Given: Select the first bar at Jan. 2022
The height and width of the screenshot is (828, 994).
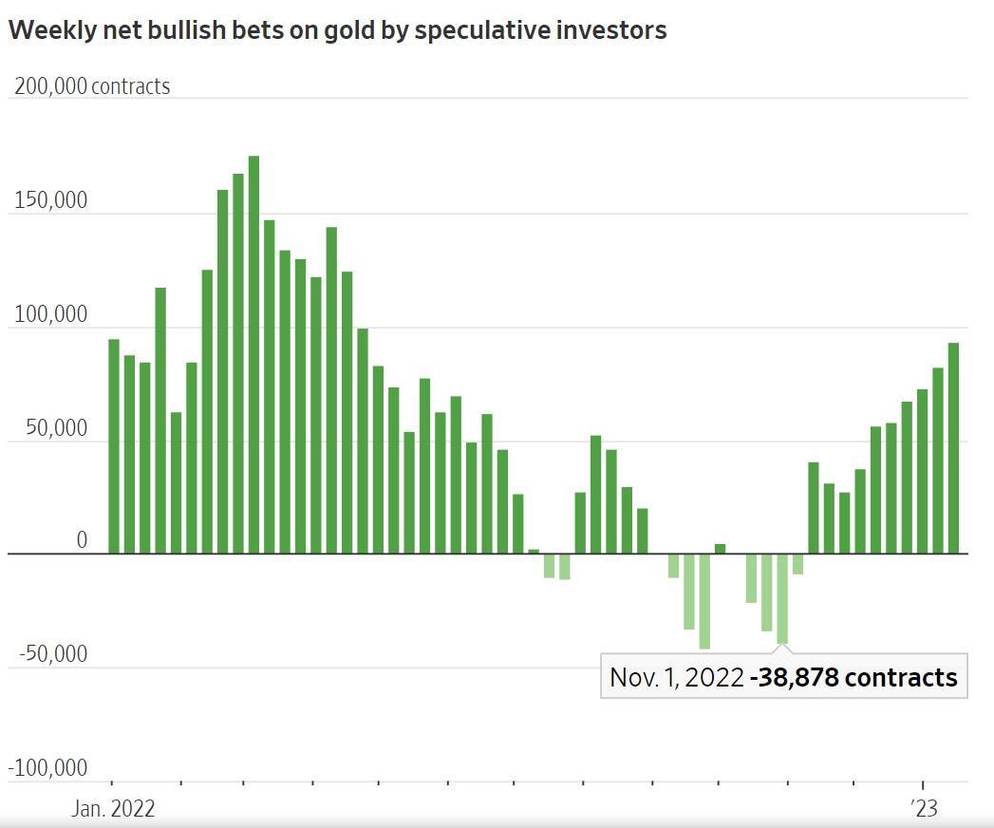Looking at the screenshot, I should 114,445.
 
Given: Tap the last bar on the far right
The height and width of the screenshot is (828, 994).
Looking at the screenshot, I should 953,447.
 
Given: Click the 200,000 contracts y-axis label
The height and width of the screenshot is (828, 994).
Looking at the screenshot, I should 92,86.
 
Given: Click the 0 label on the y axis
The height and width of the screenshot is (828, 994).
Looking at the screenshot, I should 82,541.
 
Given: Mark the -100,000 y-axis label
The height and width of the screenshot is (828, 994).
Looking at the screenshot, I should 49,767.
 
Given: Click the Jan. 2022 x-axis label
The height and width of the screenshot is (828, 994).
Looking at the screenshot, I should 114,809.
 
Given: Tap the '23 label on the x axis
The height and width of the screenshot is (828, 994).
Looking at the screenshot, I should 923,809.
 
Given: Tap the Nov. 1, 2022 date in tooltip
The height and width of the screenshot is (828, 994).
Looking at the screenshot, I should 676,677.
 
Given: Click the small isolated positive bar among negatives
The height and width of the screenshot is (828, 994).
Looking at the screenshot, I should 720,548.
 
